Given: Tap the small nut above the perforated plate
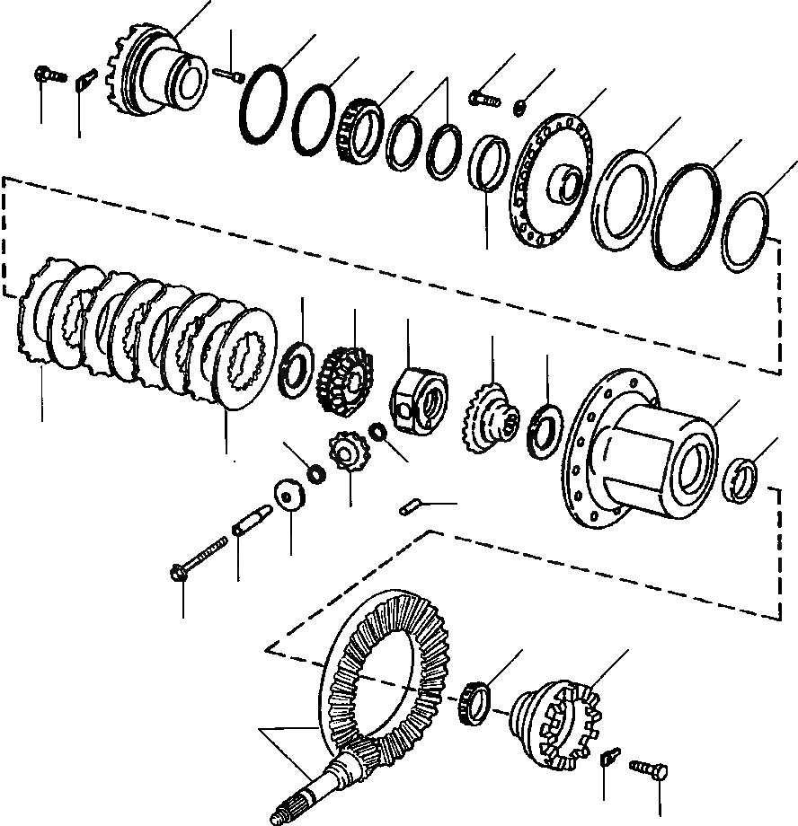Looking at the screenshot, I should coord(520,109).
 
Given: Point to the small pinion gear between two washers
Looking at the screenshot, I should coord(347,451).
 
